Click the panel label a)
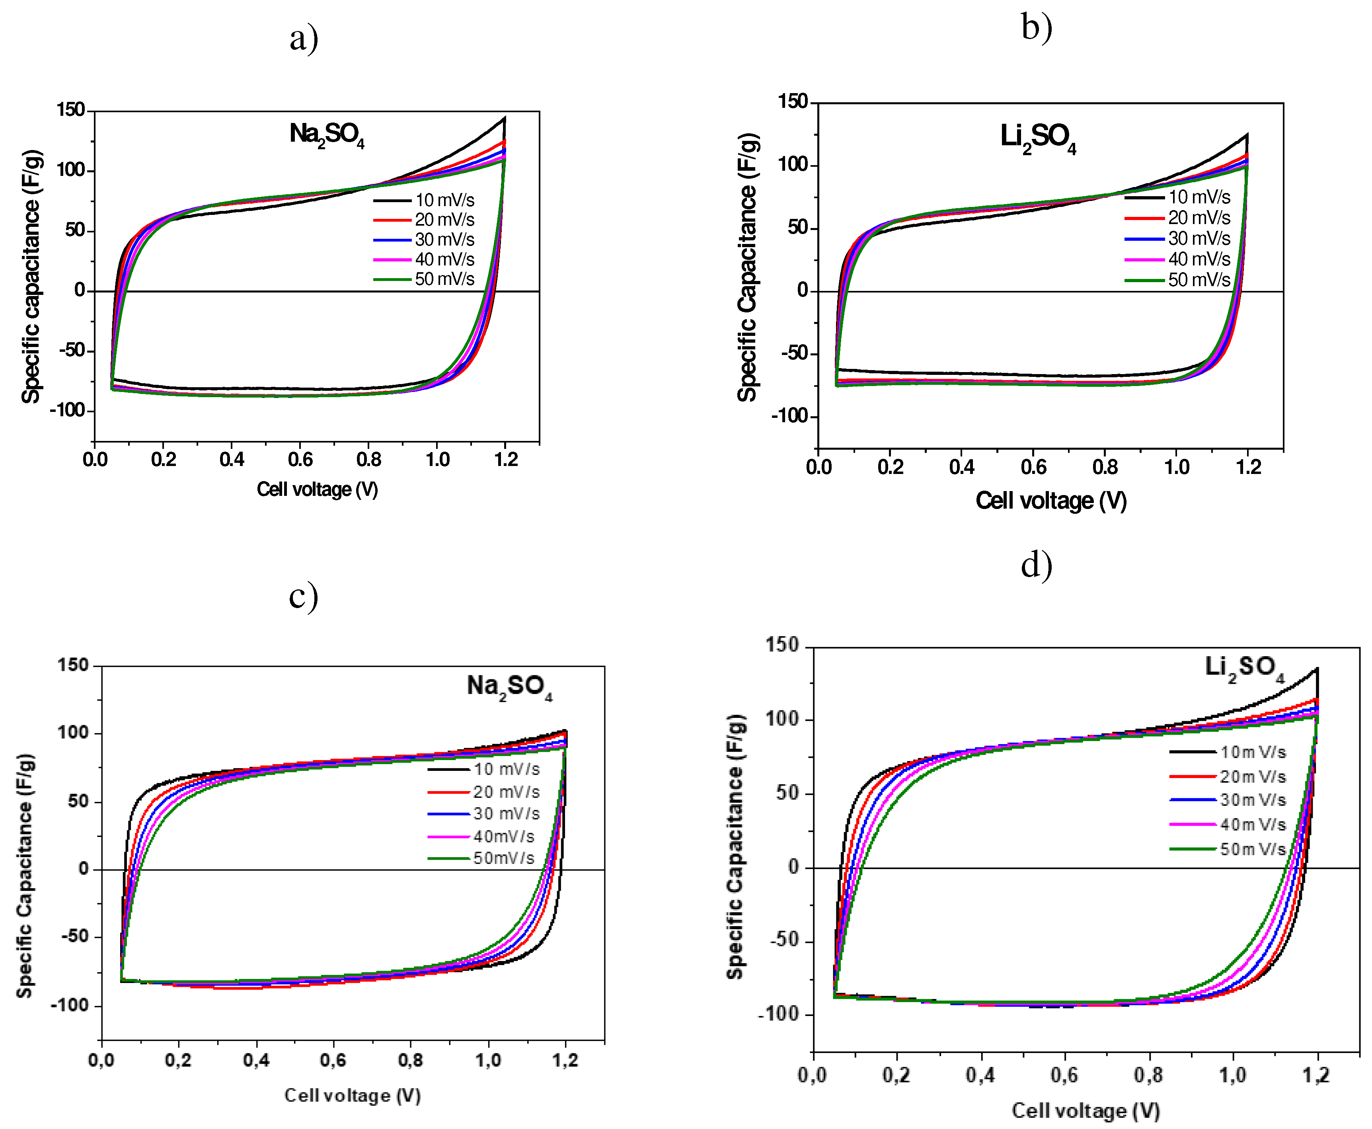coord(304,39)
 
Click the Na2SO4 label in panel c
coord(509,687)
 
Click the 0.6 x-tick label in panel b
coord(1033,467)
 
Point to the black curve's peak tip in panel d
coord(1317,669)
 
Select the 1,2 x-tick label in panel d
coord(1315,1075)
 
